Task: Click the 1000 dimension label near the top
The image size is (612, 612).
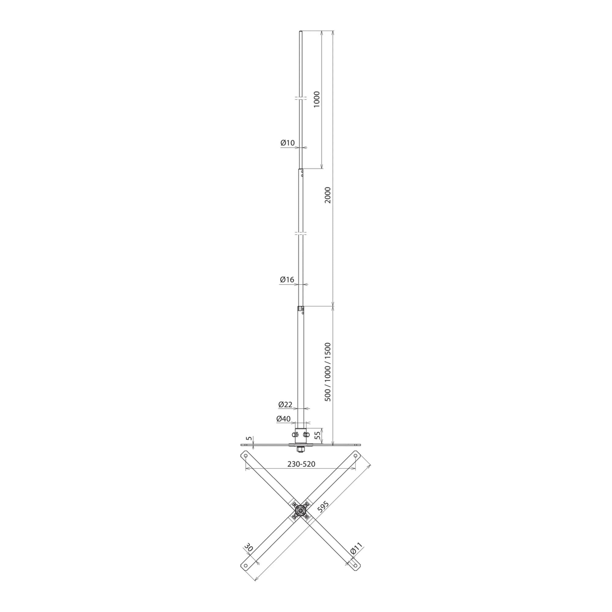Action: coord(317,99)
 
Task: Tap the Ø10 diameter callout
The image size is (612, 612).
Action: coord(288,143)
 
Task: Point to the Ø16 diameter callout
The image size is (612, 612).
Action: coord(287,280)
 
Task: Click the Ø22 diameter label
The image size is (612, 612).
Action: coord(285,405)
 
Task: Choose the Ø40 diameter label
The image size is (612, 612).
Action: coord(284,419)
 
